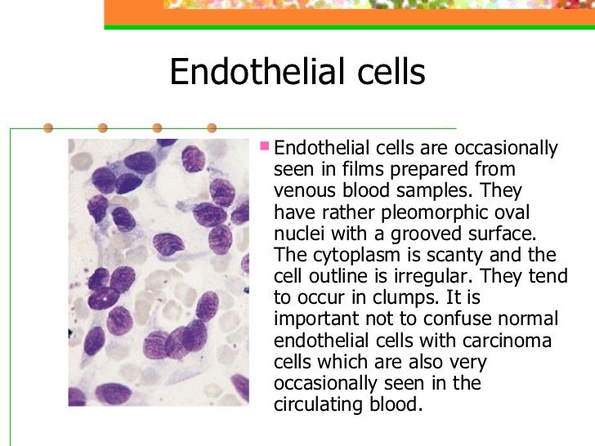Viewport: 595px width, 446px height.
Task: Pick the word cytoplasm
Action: click(x=338, y=254)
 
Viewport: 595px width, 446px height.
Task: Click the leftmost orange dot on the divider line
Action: click(x=48, y=128)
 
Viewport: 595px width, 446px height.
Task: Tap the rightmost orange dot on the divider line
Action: click(x=212, y=128)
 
